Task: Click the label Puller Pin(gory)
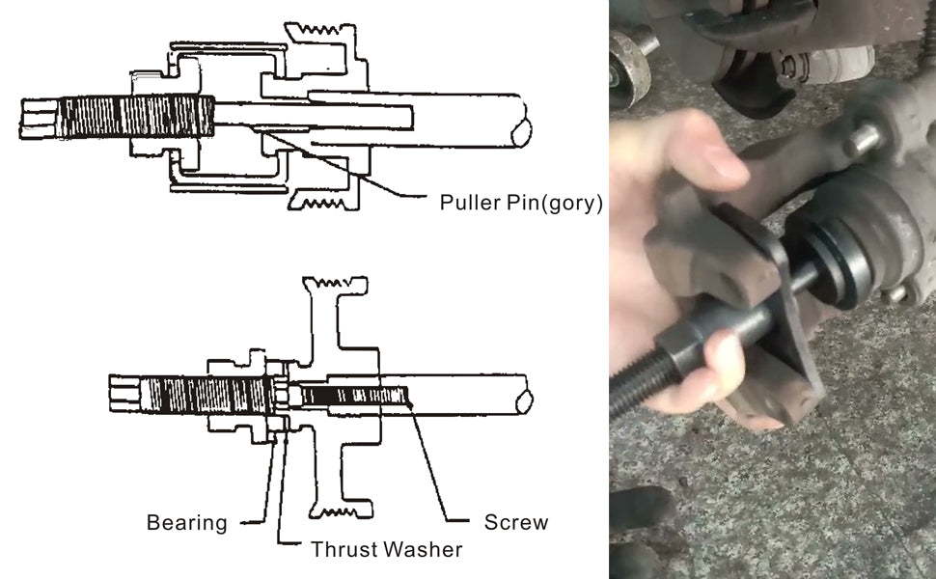(x=521, y=203)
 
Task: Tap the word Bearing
(x=187, y=523)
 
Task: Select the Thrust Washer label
(x=387, y=549)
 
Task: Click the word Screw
(x=515, y=522)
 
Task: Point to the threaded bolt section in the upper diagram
(x=136, y=117)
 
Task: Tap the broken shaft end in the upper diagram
(x=521, y=132)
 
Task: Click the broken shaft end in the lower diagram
(x=524, y=402)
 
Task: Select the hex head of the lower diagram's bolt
(x=125, y=394)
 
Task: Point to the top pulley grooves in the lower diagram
(x=335, y=284)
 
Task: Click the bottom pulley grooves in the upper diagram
(x=323, y=203)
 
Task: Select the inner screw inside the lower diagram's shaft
(x=354, y=396)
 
